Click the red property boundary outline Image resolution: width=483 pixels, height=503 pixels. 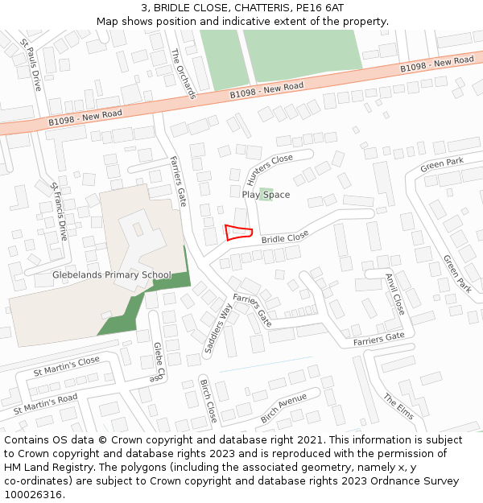coord(238,233)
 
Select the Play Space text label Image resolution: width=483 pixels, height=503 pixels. coord(266,195)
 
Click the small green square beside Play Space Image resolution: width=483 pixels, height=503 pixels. coord(266,195)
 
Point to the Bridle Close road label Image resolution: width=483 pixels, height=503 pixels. coord(285,238)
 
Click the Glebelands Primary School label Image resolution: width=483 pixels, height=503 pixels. coord(112,275)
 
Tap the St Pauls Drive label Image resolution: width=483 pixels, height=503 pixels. coord(31,64)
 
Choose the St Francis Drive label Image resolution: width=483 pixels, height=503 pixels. coord(59,212)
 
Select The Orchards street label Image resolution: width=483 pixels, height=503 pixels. coord(184,73)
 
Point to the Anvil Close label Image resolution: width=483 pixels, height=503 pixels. coord(395,292)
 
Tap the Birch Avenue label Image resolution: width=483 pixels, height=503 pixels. coord(283,409)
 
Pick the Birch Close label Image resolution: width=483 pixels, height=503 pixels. coord(208,400)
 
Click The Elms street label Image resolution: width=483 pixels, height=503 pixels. coord(398,406)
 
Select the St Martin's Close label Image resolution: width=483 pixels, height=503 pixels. coord(67,367)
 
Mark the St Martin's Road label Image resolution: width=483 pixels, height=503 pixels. coord(45,404)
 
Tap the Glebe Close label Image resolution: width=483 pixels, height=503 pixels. coord(159,361)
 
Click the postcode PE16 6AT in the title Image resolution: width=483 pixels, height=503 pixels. coord(320,8)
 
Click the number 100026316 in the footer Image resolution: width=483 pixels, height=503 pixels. coord(33,494)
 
